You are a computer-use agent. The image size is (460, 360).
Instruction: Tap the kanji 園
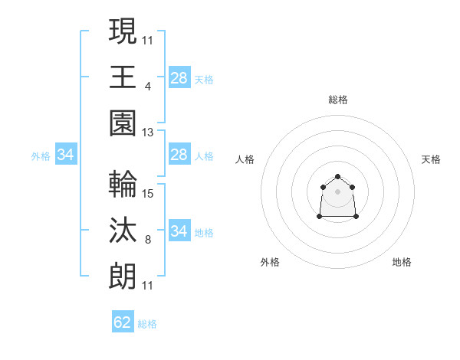(x=123, y=123)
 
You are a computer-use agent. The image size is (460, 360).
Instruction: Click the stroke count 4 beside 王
(x=148, y=87)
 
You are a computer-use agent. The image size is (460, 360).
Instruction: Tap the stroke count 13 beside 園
(x=148, y=133)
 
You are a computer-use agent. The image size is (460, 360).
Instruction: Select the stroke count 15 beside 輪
(x=148, y=194)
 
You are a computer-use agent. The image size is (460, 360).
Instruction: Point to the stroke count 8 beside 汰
(x=148, y=240)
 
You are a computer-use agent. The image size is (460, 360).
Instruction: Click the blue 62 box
(x=123, y=322)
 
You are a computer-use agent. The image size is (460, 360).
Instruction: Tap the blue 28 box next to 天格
(x=179, y=78)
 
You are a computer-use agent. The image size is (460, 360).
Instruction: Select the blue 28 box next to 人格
(x=179, y=155)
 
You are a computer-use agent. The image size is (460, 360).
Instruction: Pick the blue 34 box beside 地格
(x=179, y=231)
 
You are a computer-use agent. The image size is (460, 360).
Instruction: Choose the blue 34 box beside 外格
(x=66, y=155)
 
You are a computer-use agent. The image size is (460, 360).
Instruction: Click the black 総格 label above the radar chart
(x=337, y=100)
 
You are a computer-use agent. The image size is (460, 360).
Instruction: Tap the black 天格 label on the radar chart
(x=431, y=159)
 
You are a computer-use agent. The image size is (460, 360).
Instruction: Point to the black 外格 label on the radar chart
(x=270, y=262)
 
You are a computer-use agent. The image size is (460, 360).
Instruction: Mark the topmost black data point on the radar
(x=337, y=177)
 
